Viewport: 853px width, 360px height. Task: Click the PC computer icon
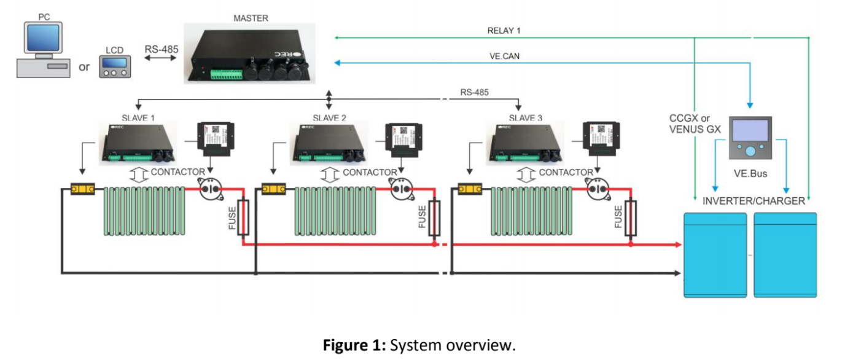[41, 49]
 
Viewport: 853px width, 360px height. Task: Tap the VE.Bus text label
[750, 174]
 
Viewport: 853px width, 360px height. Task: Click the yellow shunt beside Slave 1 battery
[82, 189]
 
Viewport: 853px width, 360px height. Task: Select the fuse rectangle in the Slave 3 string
[630, 217]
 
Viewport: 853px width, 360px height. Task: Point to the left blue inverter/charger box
[715, 255]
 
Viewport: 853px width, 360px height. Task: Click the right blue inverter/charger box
[785, 255]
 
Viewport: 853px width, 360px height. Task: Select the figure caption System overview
[419, 345]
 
